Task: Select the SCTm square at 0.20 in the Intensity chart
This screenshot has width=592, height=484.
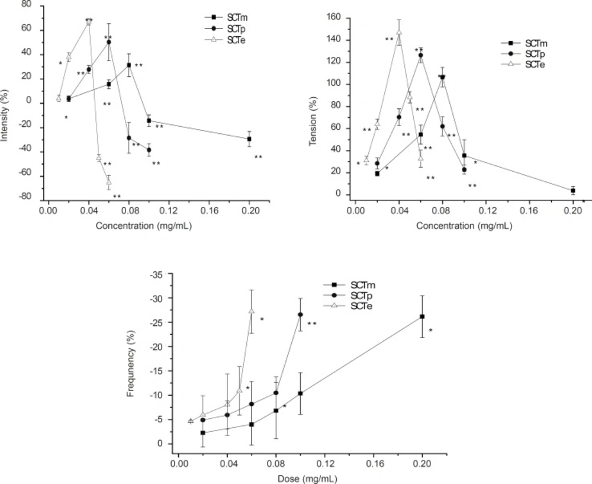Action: (249, 139)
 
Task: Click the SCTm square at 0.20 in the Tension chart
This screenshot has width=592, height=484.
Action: (573, 190)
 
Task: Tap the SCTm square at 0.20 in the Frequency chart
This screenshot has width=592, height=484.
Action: (422, 316)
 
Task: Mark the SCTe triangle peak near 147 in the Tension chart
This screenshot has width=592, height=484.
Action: (399, 32)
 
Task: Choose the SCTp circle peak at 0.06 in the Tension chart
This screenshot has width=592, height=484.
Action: (421, 55)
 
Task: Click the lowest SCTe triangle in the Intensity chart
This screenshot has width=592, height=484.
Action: (109, 181)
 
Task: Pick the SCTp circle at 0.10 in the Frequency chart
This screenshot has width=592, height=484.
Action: (300, 315)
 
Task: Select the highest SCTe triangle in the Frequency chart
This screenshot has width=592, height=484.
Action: (252, 311)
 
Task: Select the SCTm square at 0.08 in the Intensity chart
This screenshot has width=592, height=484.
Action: (129, 65)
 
